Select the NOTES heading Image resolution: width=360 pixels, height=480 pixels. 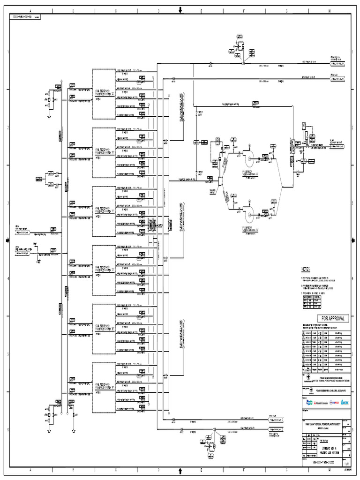coord(306,270)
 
